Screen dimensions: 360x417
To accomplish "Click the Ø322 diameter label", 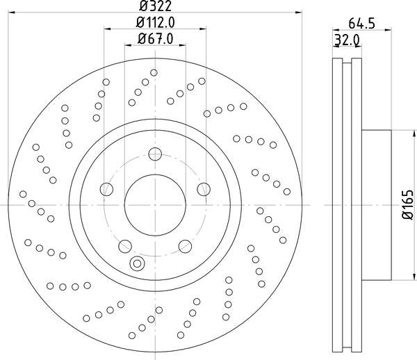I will [154, 6].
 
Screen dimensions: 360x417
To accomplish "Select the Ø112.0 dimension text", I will [155, 23].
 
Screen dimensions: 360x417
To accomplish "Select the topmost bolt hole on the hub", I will [155, 154].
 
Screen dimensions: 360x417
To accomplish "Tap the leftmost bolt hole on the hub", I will [106, 189].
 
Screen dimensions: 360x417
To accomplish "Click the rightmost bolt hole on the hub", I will [204, 189].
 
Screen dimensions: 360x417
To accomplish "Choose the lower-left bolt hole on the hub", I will [125, 245].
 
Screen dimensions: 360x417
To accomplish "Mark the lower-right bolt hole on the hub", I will [185, 245].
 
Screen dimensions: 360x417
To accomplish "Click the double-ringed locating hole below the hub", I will [137, 263].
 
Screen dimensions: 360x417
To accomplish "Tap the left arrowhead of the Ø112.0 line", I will [108, 28].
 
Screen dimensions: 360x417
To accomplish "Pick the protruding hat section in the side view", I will [376, 205].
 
